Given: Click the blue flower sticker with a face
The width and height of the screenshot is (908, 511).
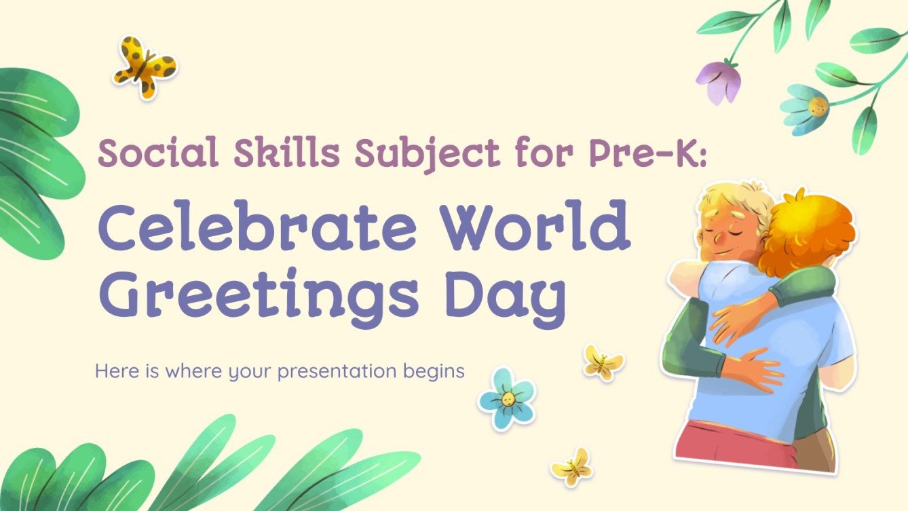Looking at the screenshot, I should pyautogui.click(x=507, y=398).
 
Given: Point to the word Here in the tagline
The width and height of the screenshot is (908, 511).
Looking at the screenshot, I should pyautogui.click(x=112, y=371).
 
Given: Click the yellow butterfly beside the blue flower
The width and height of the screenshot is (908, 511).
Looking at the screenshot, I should pyautogui.click(x=603, y=362).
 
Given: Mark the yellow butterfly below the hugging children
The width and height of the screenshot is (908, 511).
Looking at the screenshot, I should pyautogui.click(x=571, y=467).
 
